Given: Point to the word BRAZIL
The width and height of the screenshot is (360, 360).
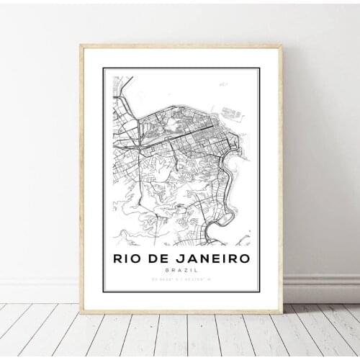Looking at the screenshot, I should (180, 269).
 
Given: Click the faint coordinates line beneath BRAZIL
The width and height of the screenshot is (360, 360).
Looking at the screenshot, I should (180, 278).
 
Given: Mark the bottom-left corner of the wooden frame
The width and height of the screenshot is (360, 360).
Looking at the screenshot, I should (79, 312).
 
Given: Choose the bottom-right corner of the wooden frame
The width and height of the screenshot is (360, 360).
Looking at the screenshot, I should (282, 312).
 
